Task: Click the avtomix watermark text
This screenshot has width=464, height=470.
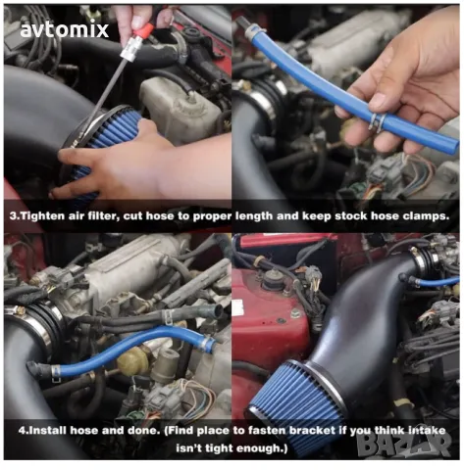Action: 64,29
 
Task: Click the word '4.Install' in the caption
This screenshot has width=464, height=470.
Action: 42,430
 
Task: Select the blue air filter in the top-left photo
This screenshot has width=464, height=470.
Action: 101,144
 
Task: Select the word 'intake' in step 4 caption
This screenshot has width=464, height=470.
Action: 428,430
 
